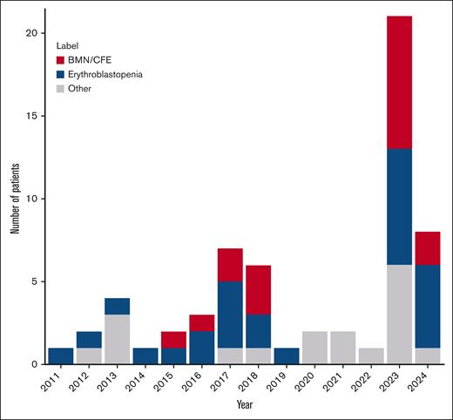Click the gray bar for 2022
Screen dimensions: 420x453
pos(371,356)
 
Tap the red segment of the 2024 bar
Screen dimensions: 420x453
pos(427,248)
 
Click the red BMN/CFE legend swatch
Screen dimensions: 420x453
pos(61,60)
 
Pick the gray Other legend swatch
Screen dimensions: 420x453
pos(61,90)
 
